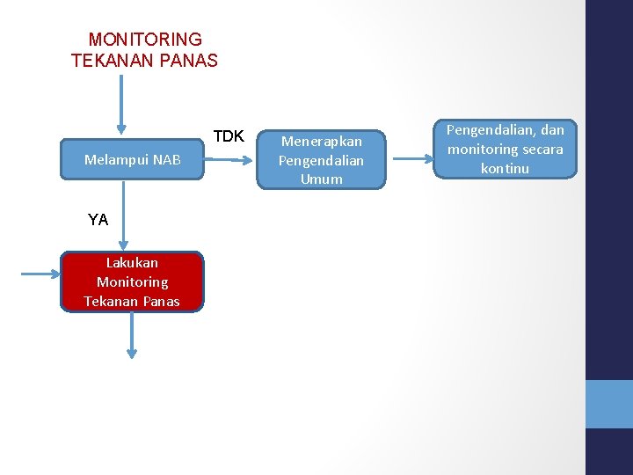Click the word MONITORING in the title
pyautogui.click(x=145, y=40)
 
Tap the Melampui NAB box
pyautogui.click(x=132, y=159)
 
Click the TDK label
pyautogui.click(x=229, y=136)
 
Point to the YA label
pyautogui.click(x=98, y=220)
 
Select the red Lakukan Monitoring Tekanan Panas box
pyautogui.click(x=132, y=281)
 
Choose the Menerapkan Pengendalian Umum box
pyautogui.click(x=321, y=160)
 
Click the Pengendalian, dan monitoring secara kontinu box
pyautogui.click(x=506, y=149)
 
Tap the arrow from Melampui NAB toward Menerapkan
pyautogui.click(x=230, y=160)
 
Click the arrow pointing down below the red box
pyautogui.click(x=132, y=334)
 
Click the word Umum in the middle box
pyautogui.click(x=321, y=179)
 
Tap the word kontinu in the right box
pyautogui.click(x=506, y=168)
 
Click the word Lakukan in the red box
pyautogui.click(x=132, y=262)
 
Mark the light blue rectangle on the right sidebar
pyautogui.click(x=608, y=404)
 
